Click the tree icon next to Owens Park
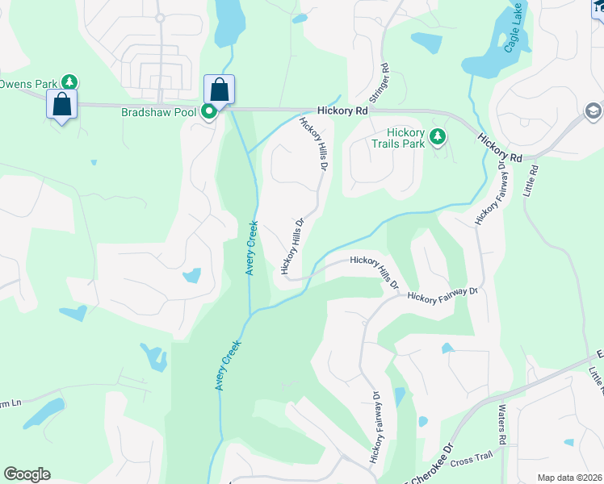coord(70,82)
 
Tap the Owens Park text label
coord(29,83)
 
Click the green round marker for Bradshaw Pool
coord(208,112)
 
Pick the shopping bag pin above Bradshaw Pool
coord(219,90)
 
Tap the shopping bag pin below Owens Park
coord(61,105)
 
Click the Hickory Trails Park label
coord(405,138)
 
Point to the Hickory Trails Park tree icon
coord(438,136)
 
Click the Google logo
coord(27,474)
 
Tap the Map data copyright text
coord(570,478)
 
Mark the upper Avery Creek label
coord(251,248)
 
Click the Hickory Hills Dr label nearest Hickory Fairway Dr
coord(375,272)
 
